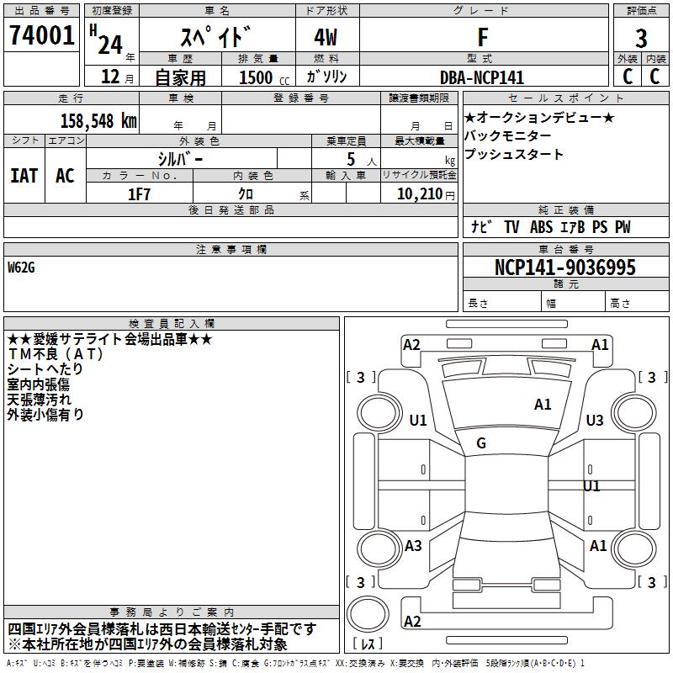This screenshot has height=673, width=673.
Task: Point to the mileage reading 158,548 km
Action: (98, 120)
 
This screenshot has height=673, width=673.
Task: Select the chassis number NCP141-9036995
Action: (565, 268)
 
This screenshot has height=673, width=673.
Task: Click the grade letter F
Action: (483, 37)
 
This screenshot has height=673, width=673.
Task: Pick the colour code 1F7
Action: (140, 193)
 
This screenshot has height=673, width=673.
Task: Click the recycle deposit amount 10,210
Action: (418, 193)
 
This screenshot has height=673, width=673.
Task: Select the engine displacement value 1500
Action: (256, 77)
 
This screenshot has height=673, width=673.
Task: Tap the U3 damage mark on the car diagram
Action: (595, 421)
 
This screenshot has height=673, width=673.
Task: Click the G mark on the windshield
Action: (481, 443)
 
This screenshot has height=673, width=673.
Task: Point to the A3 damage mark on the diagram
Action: (413, 546)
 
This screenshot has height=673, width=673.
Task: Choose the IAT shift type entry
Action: (24, 176)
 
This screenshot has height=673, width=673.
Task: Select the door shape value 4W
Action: (327, 37)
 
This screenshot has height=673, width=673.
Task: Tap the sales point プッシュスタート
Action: (514, 155)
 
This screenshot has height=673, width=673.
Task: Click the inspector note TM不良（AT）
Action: (55, 354)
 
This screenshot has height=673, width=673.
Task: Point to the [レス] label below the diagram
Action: (368, 644)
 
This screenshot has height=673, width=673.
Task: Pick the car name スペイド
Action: (216, 37)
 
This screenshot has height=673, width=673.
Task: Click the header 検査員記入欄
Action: (172, 323)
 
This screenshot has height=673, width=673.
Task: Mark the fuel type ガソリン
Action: (327, 77)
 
